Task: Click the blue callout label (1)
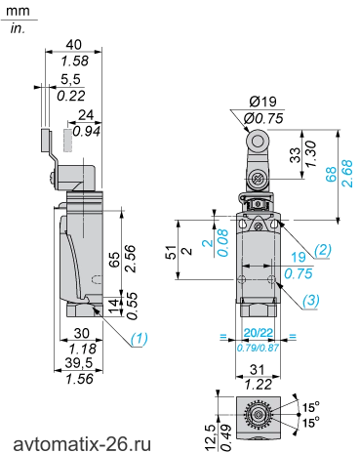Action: pos(140,339)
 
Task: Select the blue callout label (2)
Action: pos(323,250)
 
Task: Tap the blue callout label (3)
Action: pos(311,301)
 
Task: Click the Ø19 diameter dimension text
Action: pos(263,102)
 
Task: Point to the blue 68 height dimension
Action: pos(331,175)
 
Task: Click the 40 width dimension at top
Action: pos(74,45)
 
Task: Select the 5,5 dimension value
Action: pos(70,79)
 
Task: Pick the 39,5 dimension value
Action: pos(79,363)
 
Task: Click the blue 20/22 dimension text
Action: pos(259,333)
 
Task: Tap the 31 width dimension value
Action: pos(258,370)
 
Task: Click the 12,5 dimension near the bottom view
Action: pos(211,434)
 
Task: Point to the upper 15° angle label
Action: pos(311,407)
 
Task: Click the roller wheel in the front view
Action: pos(259,142)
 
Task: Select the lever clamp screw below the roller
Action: pos(258,180)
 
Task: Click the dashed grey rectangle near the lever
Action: pos(68,141)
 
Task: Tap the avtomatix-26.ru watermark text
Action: pos(82,444)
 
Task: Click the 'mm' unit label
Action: pos(18,11)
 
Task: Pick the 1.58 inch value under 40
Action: pos(75,61)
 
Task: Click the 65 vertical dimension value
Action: pos(114,260)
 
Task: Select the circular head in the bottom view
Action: pos(258,415)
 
